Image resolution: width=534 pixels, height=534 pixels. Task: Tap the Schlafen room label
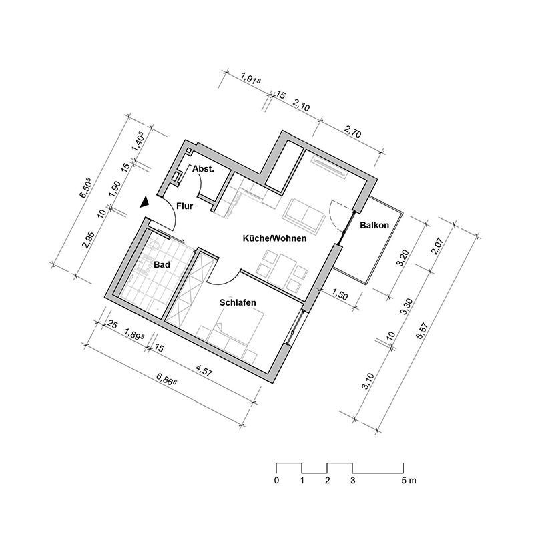coord(238,302)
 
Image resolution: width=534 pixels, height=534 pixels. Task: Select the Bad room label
coord(162,265)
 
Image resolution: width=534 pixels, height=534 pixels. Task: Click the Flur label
coord(185,206)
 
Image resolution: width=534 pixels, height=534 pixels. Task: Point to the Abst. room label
coord(203,170)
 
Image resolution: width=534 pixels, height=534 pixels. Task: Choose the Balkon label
coord(374,226)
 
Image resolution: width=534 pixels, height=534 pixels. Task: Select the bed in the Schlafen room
coord(233,337)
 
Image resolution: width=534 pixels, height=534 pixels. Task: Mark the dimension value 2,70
coord(352,132)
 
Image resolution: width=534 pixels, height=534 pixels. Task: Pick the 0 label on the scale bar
coord(276,480)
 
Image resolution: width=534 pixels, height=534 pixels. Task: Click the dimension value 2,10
coord(302,106)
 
